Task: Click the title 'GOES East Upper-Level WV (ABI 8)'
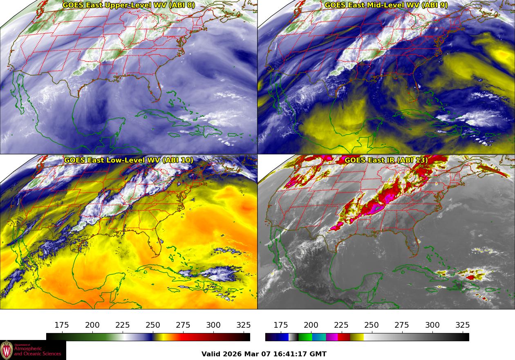click(129, 5)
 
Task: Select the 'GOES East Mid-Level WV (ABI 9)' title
click(386, 5)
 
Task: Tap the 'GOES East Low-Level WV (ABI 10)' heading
click(129, 160)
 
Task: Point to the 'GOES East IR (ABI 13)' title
click(386, 160)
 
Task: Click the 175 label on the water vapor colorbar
click(62, 325)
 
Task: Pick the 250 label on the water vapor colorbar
click(153, 325)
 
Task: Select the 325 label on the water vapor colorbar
click(244, 325)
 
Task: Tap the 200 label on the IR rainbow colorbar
click(311, 325)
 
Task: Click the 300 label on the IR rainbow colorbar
click(432, 325)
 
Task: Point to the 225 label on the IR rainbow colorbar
click(341, 325)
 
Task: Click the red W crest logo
click(7, 350)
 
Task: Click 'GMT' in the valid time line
click(318, 354)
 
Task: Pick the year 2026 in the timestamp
click(232, 354)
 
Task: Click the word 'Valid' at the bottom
click(211, 354)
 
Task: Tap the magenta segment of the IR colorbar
click(332, 337)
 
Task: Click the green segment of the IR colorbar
click(305, 337)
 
